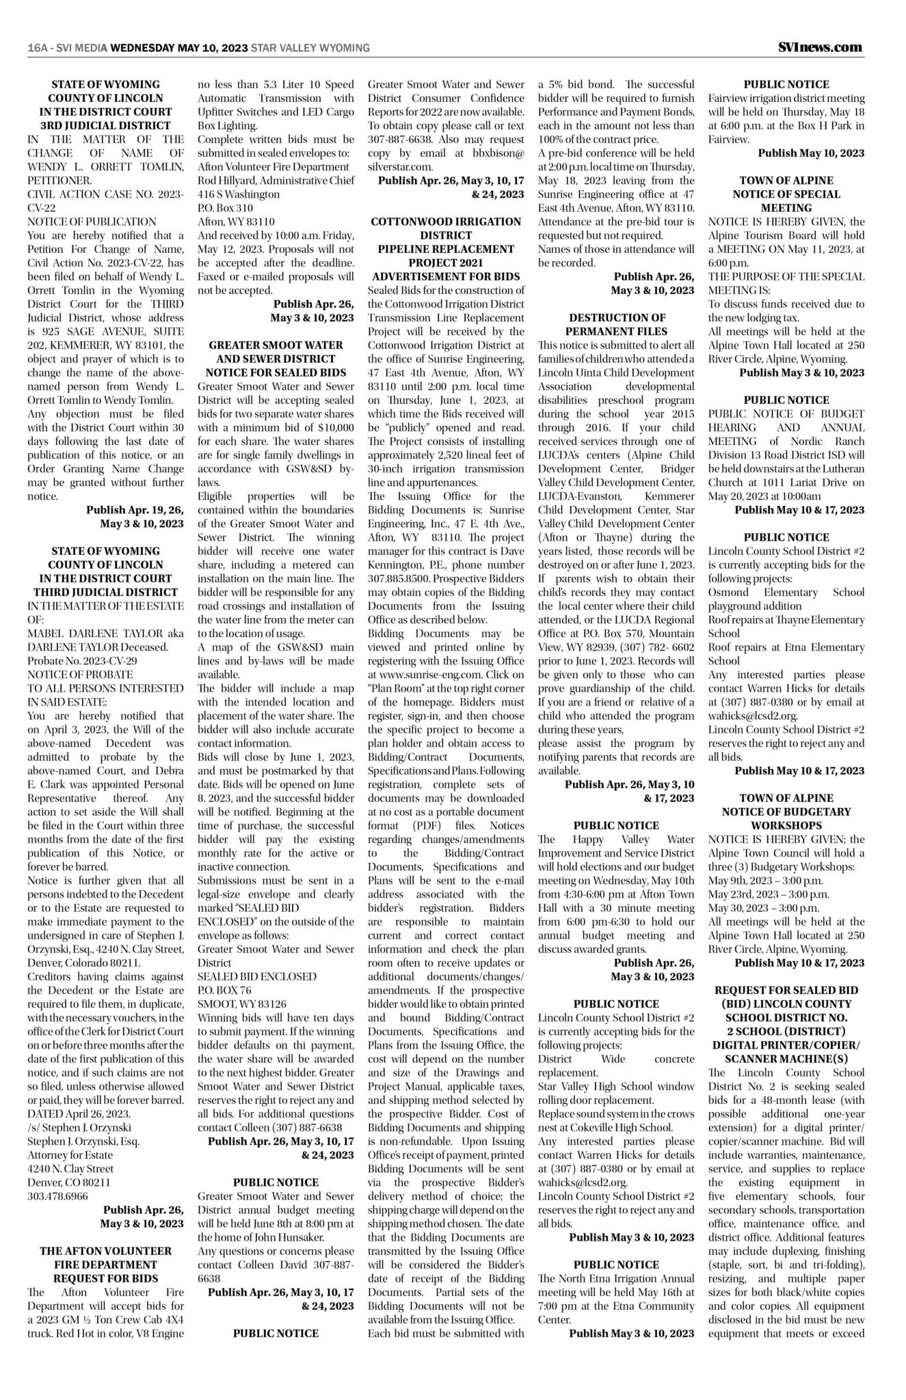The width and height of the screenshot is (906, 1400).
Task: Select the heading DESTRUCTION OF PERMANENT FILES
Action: pos(617,325)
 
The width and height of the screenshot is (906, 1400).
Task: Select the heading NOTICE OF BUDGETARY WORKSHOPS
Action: pos(786,818)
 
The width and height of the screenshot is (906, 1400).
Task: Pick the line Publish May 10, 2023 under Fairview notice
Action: pos(811,153)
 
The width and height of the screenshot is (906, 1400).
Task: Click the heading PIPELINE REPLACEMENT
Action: pos(446,249)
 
